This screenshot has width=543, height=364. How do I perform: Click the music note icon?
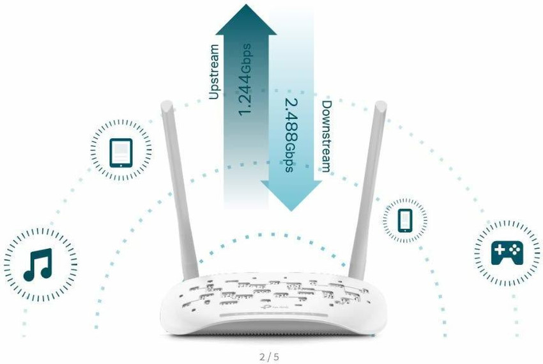point(37,265)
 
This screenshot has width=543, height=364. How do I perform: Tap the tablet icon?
point(121,152)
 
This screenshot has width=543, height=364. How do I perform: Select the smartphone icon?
point(405,220)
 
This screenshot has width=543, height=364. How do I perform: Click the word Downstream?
point(326,136)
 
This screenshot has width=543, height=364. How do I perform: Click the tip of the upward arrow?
point(246,6)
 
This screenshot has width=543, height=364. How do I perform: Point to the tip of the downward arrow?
point(291,209)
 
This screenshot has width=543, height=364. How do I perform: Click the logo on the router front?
point(271,306)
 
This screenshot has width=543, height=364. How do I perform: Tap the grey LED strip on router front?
point(271,318)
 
